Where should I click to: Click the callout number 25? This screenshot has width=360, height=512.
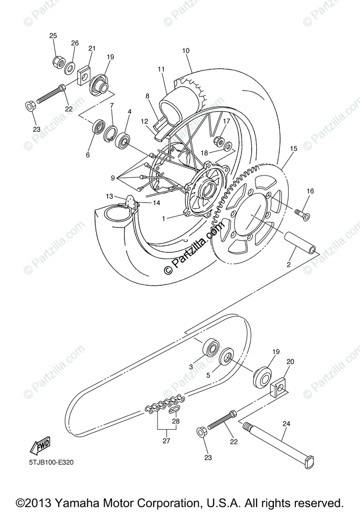point(53,35)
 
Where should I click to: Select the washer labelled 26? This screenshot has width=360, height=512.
point(70,66)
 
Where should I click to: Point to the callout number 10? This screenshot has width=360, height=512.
point(185,50)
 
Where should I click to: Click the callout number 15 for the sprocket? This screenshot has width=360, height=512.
point(293,148)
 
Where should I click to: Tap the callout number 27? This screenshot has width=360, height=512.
point(167,441)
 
